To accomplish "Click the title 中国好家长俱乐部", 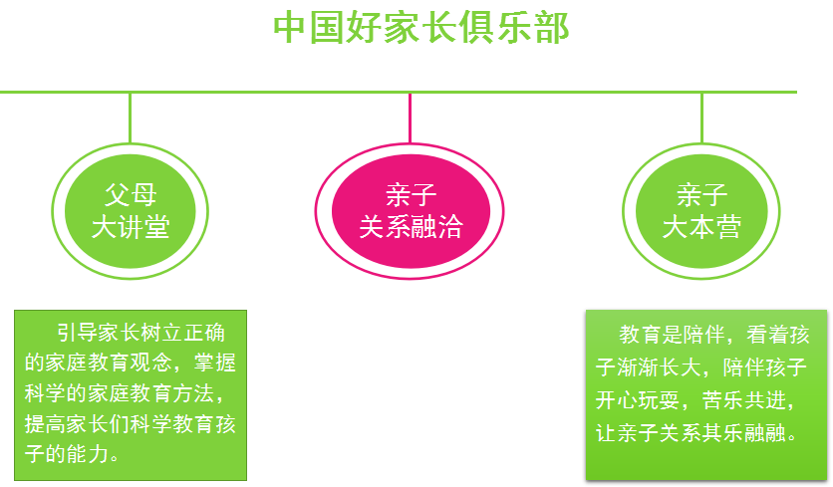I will (x=420, y=28).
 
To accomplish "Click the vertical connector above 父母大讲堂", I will (x=130, y=118).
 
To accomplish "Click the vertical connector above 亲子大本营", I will (x=701, y=118).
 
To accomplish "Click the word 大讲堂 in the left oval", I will (x=131, y=227).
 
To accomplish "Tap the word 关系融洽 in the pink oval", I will (x=411, y=227).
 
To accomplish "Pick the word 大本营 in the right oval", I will (x=701, y=227).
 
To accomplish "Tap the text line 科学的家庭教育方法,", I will (x=131, y=394).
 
